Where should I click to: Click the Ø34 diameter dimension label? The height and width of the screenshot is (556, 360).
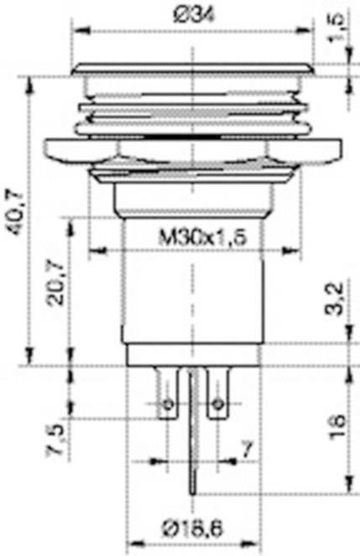click(193, 13)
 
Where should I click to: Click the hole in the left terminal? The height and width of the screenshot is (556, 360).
click(168, 405)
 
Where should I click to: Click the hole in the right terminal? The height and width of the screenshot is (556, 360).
click(217, 405)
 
